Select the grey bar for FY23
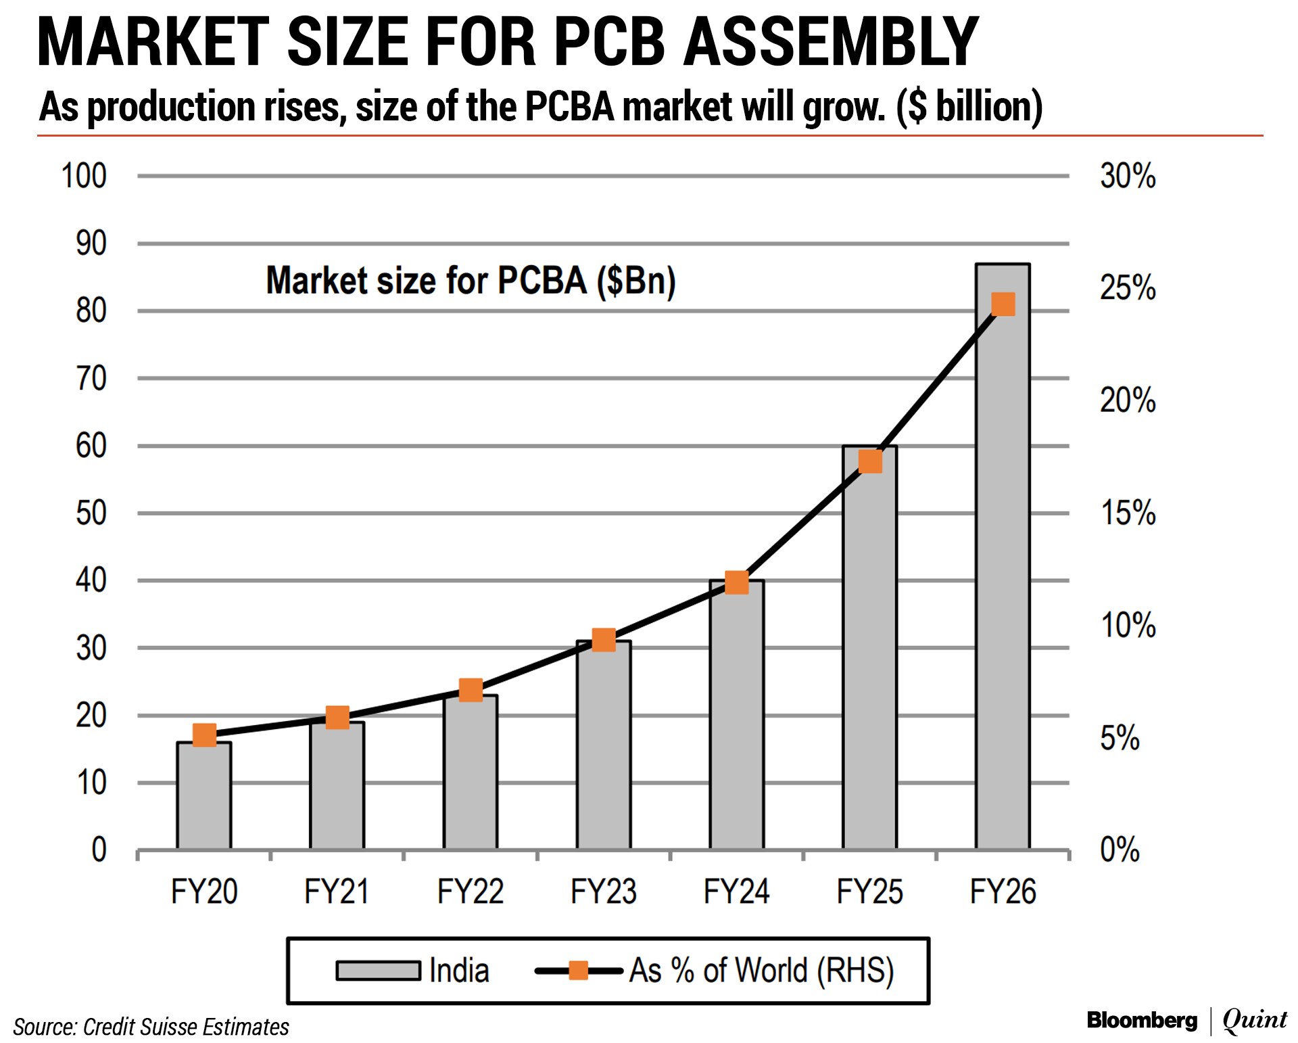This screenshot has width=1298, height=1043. [x=604, y=744]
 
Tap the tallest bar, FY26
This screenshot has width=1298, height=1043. [x=1003, y=575]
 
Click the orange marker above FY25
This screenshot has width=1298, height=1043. [x=870, y=461]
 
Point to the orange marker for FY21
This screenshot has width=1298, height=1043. [x=337, y=717]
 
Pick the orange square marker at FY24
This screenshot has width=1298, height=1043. [x=737, y=582]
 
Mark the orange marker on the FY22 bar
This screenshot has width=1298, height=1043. [x=471, y=691]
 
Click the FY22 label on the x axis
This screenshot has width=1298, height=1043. [x=471, y=891]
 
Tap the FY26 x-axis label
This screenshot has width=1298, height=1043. [x=1003, y=891]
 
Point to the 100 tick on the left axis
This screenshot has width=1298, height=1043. [x=84, y=176]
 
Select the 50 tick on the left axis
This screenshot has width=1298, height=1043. [x=91, y=513]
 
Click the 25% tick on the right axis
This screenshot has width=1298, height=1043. [x=1128, y=288]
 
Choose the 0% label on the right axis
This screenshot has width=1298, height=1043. [x=1120, y=850]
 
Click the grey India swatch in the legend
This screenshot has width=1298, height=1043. [x=378, y=971]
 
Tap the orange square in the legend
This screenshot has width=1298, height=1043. [x=579, y=971]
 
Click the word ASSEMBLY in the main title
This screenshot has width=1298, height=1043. [x=831, y=42]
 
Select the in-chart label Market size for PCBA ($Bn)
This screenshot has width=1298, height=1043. [x=471, y=281]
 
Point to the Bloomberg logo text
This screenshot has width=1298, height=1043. [x=1141, y=1020]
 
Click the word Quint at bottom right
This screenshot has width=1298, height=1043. [x=1255, y=1020]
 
